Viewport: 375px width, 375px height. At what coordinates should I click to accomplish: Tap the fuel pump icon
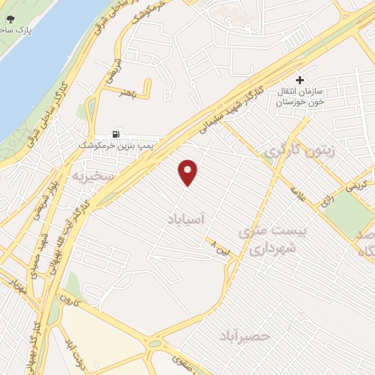pyautogui.click(x=116, y=134)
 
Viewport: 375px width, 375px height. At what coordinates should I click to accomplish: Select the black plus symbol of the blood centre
pyautogui.click(x=299, y=80)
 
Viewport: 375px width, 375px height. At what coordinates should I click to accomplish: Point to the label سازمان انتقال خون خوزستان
pyautogui.click(x=300, y=97)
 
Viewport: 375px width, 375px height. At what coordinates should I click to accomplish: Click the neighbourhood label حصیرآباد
pyautogui.click(x=245, y=335)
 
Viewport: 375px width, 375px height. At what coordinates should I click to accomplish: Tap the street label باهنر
pyautogui.click(x=121, y=93)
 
